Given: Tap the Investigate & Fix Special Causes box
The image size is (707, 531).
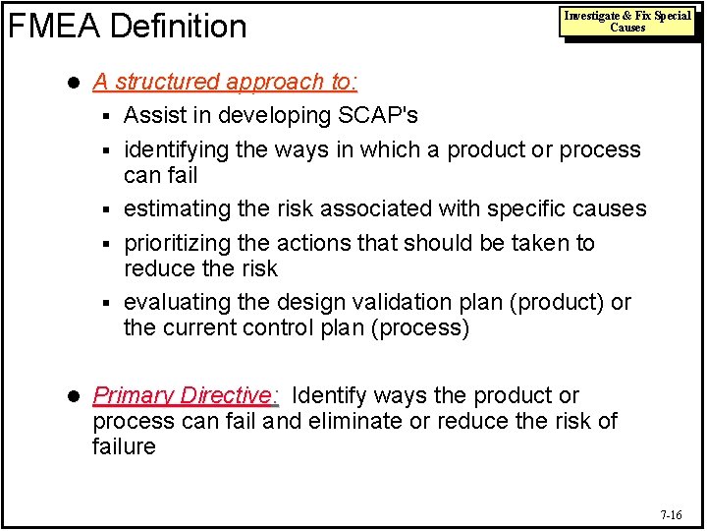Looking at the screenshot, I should click(x=627, y=22).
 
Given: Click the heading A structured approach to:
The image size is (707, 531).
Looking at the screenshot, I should click(x=225, y=83).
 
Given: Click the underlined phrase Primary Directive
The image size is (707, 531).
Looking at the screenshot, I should click(x=182, y=395).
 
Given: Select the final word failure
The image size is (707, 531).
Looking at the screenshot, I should click(x=124, y=447).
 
